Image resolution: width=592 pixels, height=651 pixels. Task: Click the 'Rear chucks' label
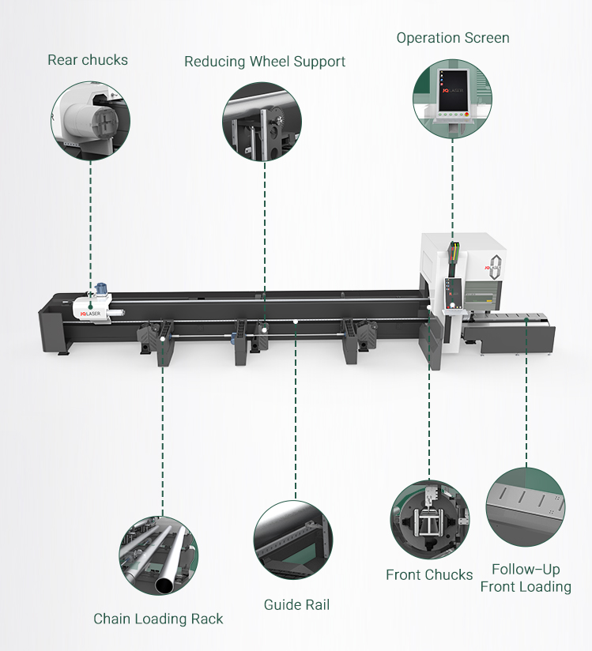(88, 60)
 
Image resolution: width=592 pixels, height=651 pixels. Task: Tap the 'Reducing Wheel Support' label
(265, 62)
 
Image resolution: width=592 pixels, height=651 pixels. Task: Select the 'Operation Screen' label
(453, 38)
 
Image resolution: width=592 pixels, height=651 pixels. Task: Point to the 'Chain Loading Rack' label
(158, 619)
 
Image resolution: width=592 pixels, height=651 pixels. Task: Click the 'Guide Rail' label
(296, 605)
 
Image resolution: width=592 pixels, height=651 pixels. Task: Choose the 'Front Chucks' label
(429, 574)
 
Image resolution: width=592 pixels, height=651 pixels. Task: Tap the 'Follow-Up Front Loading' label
(526, 578)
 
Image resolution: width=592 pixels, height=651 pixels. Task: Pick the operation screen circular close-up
(452, 97)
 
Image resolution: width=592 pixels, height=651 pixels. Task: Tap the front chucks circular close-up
(429, 518)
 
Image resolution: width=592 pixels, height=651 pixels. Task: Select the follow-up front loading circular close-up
(526, 507)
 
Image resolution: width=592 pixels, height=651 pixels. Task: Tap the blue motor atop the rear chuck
(101, 290)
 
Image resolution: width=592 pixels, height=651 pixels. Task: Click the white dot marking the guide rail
(295, 322)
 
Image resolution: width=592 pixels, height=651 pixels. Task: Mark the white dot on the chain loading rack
(163, 337)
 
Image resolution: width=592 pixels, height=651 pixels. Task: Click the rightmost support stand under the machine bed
(356, 340)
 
